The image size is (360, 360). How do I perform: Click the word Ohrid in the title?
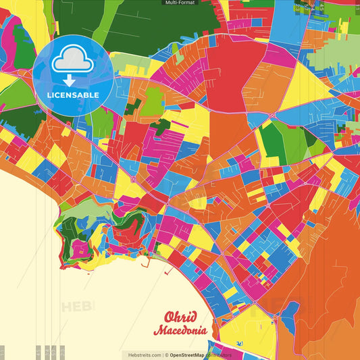coord(180,317)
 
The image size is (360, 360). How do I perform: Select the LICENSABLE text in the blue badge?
coord(73,95)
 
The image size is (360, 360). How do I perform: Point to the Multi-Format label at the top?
coord(180,3)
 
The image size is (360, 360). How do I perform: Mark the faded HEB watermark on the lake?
coord(78,306)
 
